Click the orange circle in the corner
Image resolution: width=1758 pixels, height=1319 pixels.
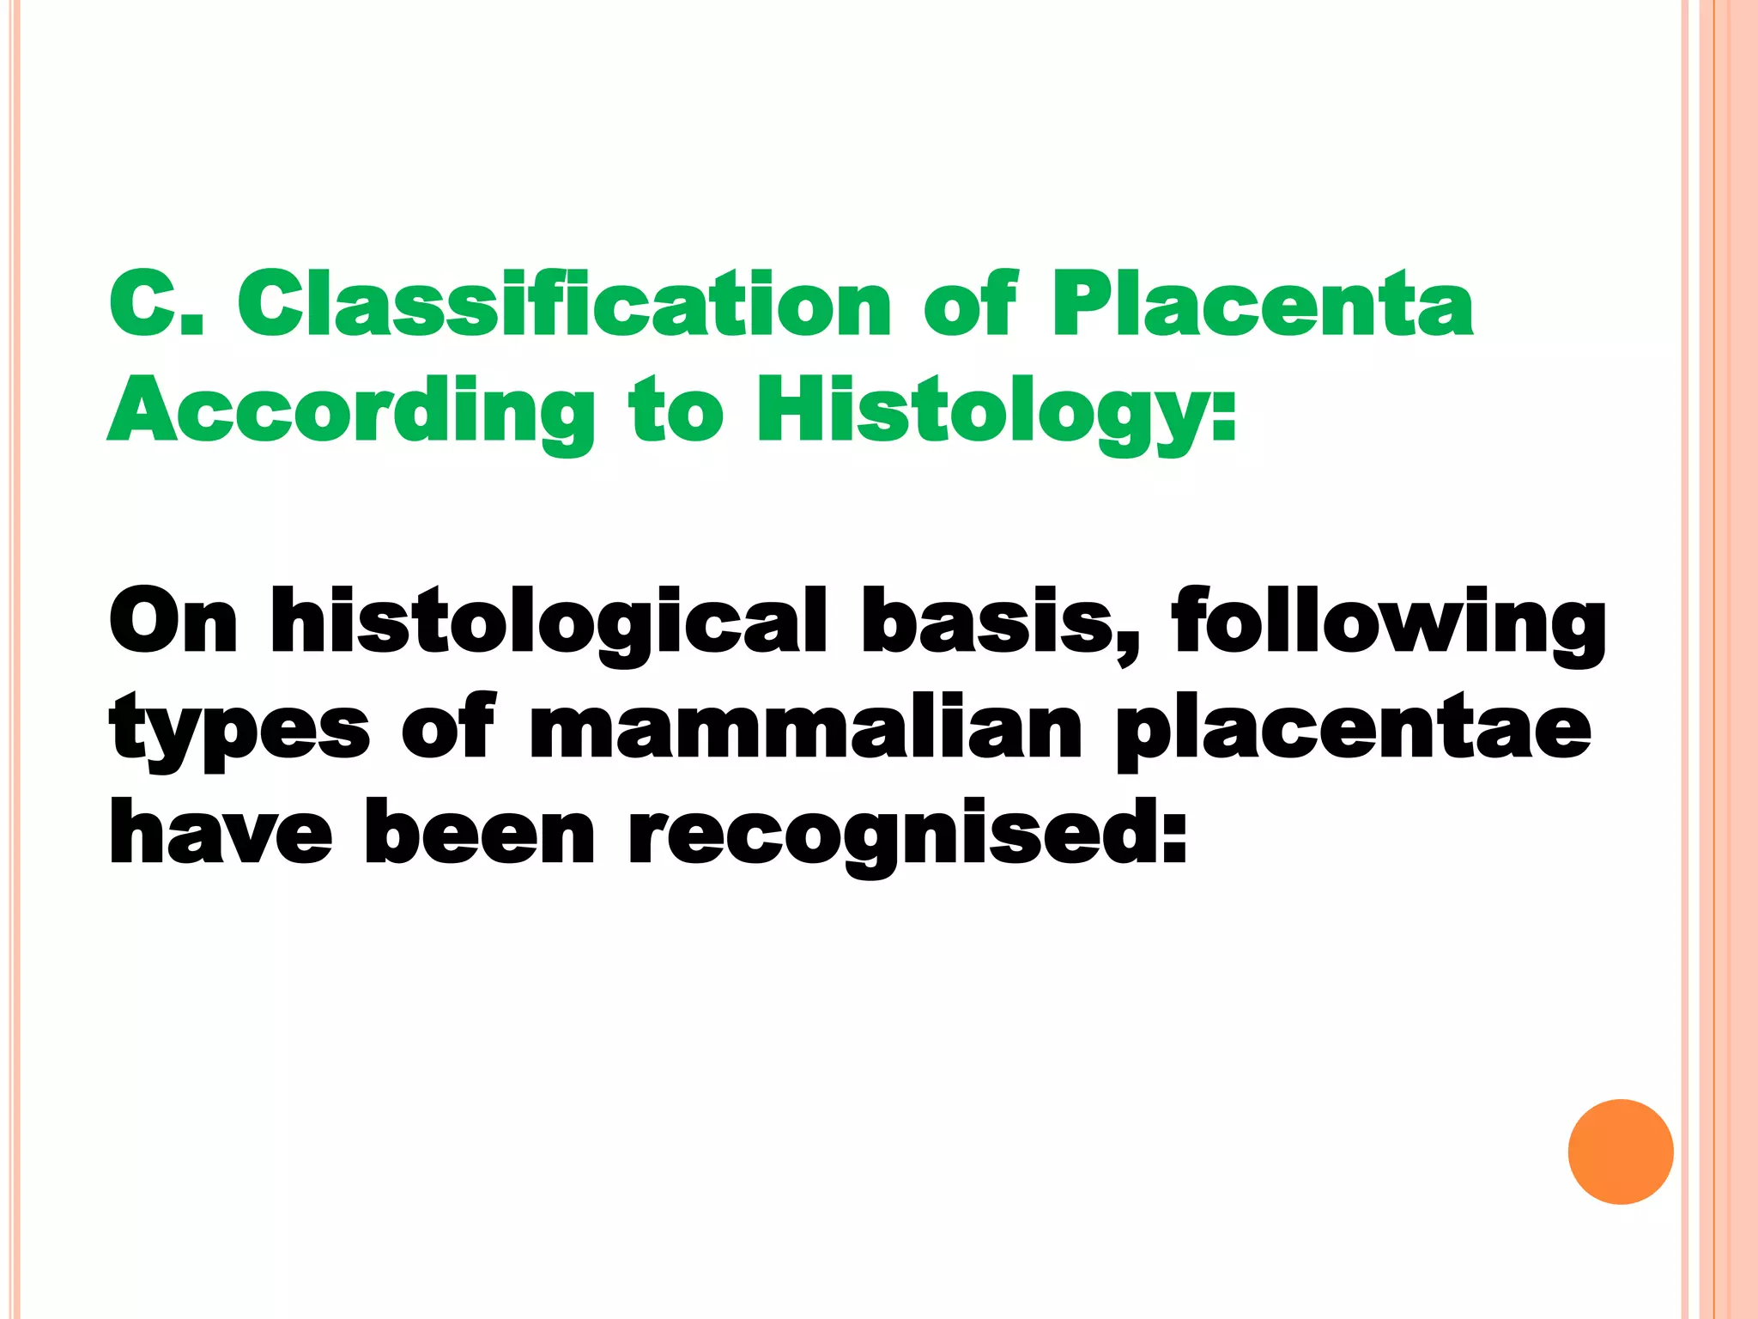coord(1620,1152)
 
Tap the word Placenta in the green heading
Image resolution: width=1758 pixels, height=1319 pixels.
coord(1262,305)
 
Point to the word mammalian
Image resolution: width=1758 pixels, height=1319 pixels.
coord(805,728)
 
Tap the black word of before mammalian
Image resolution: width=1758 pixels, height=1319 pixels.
coord(448,728)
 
